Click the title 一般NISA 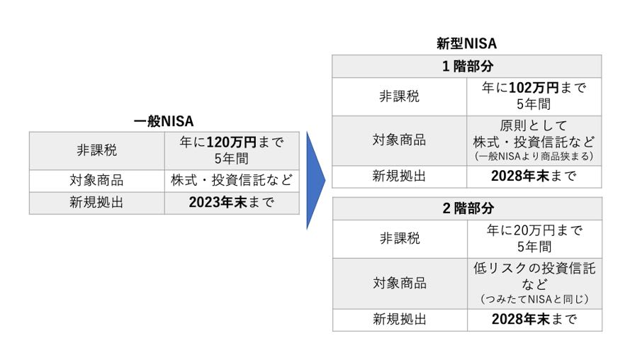pos(164,121)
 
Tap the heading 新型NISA pos(466,44)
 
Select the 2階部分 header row pos(467,208)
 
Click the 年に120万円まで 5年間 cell pos(231,150)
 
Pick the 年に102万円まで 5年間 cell pos(534,96)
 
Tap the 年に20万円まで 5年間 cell pos(534,239)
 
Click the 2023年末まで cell pos(231,203)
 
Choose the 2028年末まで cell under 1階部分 pos(534,176)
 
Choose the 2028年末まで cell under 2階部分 pos(534,319)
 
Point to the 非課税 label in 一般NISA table pos(96,150)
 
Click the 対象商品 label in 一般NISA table pos(96,181)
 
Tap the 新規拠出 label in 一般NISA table pos(96,203)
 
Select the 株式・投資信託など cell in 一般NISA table pos(231,181)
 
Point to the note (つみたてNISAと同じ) pos(534,299)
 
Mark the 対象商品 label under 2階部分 pos(400,283)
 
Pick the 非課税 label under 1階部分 pos(400,96)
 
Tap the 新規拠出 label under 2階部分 pos(400,319)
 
